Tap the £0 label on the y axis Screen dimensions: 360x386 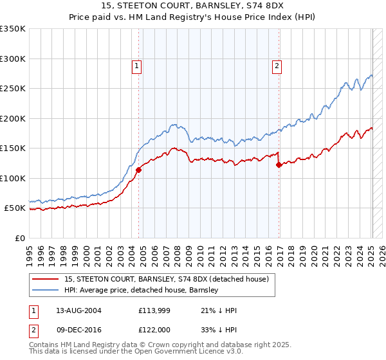(x=21, y=238)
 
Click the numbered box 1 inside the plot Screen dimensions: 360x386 (x=137, y=65)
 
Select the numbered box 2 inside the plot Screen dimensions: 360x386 (x=277, y=65)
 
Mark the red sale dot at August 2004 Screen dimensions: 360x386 (x=138, y=170)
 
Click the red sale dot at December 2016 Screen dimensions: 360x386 (x=279, y=165)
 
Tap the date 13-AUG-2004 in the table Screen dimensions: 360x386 (x=78, y=310)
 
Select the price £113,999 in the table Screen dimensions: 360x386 (x=152, y=310)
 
